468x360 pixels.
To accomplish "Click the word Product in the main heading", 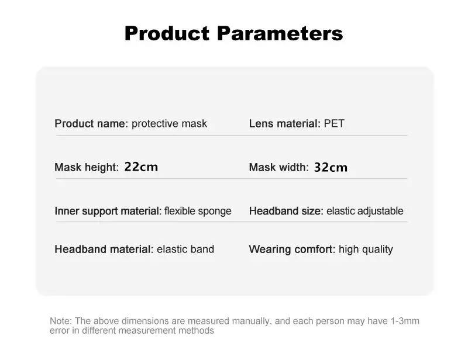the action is [167, 33].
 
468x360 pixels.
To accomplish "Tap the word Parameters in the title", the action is [280, 33].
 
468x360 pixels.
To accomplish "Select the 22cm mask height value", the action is [141, 167].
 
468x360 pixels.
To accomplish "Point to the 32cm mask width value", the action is [331, 167].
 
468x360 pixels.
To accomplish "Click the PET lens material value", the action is [334, 123].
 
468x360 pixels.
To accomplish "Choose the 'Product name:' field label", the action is [91, 123].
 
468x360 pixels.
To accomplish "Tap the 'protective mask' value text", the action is [169, 124].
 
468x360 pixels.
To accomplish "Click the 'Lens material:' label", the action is [285, 123].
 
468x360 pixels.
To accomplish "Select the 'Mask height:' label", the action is [87, 167].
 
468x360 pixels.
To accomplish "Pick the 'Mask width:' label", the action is [279, 167].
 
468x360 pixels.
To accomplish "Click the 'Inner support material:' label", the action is [108, 211].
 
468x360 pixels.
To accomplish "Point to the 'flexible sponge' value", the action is [198, 211].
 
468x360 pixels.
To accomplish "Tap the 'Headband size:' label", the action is [286, 211].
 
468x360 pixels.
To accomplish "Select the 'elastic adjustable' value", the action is [364, 211].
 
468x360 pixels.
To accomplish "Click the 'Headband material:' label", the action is [104, 249].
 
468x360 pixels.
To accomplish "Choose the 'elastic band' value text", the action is [185, 249].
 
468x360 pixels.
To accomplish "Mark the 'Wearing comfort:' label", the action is [292, 250].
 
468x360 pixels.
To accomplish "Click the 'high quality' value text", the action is [366, 250].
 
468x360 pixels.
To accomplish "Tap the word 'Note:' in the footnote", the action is [61, 321].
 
